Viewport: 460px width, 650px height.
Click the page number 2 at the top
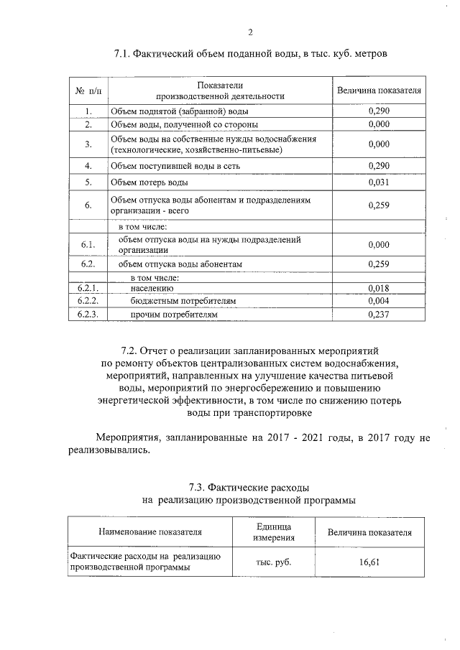click(x=251, y=31)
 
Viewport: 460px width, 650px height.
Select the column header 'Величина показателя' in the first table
click(x=378, y=91)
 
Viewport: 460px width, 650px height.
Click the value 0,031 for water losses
click(x=378, y=182)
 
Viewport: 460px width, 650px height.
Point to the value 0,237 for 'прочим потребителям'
click(x=378, y=314)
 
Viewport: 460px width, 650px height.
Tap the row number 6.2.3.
click(x=88, y=314)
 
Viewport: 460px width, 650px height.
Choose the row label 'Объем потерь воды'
click(x=149, y=182)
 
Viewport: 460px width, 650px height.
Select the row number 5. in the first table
click(x=88, y=182)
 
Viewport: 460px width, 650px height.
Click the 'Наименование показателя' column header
click(x=149, y=532)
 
